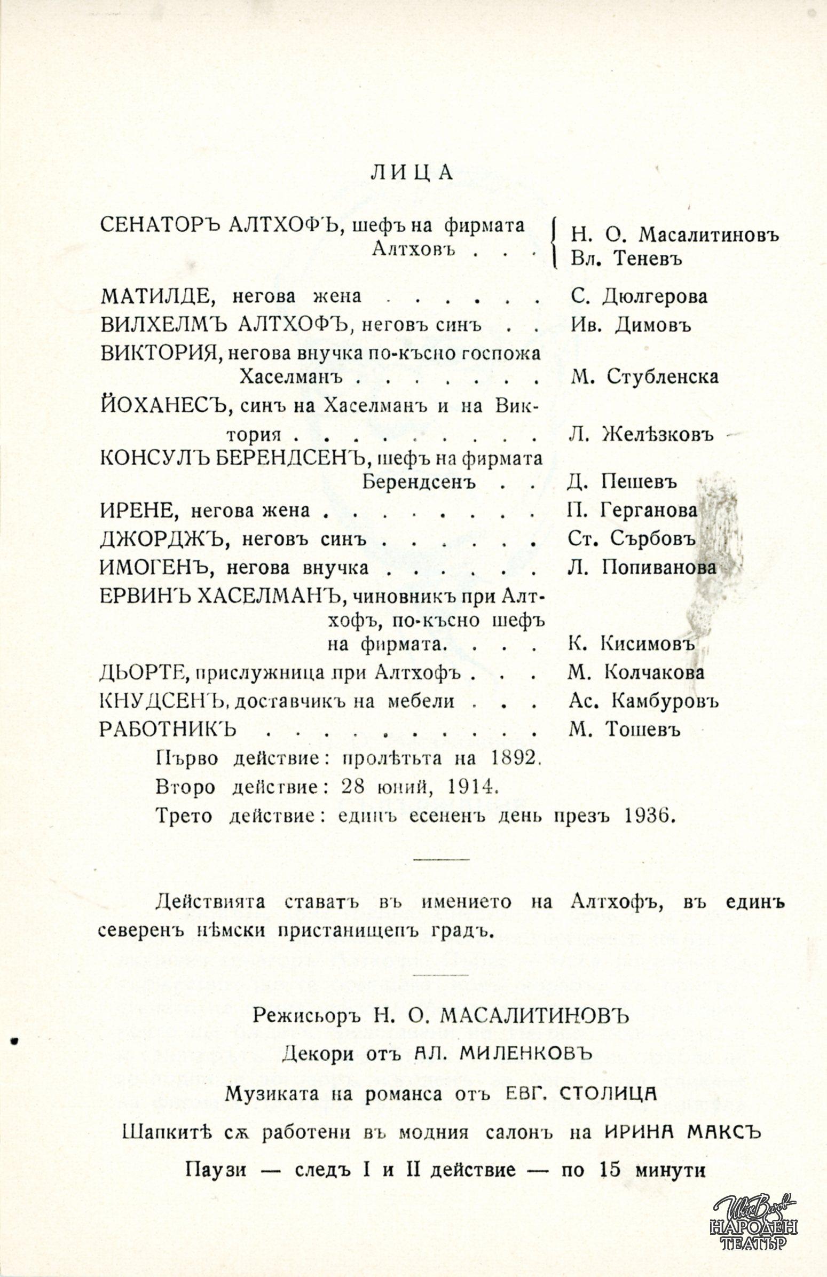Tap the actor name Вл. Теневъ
pyautogui.click(x=625, y=259)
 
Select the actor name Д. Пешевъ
pyautogui.click(x=622, y=481)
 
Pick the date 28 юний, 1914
pyautogui.click(x=420, y=787)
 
